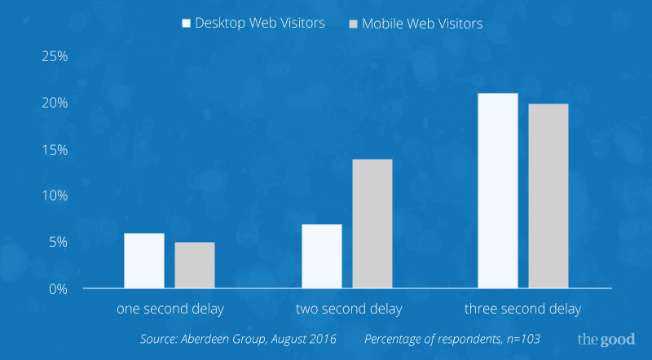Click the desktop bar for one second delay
pyautogui.click(x=144, y=261)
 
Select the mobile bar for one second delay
pyautogui.click(x=195, y=265)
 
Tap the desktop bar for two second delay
pyautogui.click(x=322, y=256)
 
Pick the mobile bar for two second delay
pyautogui.click(x=372, y=224)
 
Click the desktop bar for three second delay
pyautogui.click(x=498, y=191)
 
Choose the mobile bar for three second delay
pyautogui.click(x=548, y=196)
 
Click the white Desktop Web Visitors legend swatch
pyautogui.click(x=186, y=23)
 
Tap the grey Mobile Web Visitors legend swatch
pyautogui.click(x=353, y=24)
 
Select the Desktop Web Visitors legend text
pyautogui.click(x=260, y=23)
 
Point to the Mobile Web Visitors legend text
pyautogui.click(x=422, y=24)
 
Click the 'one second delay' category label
pyautogui.click(x=170, y=310)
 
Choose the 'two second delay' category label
pyautogui.click(x=347, y=310)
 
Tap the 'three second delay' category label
pyautogui.click(x=523, y=310)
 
